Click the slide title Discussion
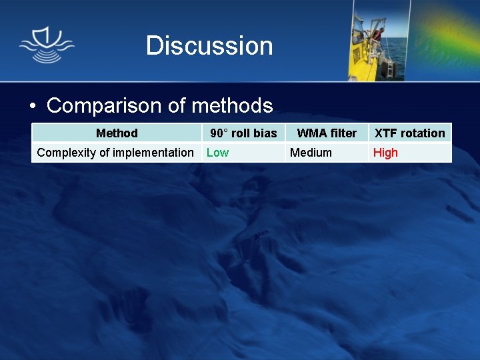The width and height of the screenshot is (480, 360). point(209,46)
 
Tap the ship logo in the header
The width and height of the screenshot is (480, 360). point(47,45)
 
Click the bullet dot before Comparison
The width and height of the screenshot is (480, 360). point(33,107)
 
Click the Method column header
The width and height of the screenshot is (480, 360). point(117,133)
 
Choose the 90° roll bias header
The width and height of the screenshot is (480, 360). point(243,133)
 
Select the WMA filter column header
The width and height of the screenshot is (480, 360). point(327,133)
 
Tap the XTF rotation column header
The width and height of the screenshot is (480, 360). point(409,133)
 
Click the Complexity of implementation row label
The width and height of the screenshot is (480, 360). point(115,153)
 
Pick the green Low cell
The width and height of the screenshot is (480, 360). point(217,153)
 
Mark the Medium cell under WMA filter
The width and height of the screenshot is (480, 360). point(311,153)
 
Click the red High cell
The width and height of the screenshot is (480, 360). point(385,153)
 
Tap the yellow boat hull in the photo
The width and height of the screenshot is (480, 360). point(363,63)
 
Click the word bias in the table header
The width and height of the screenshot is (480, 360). point(265,133)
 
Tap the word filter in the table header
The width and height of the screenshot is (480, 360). point(344,133)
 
